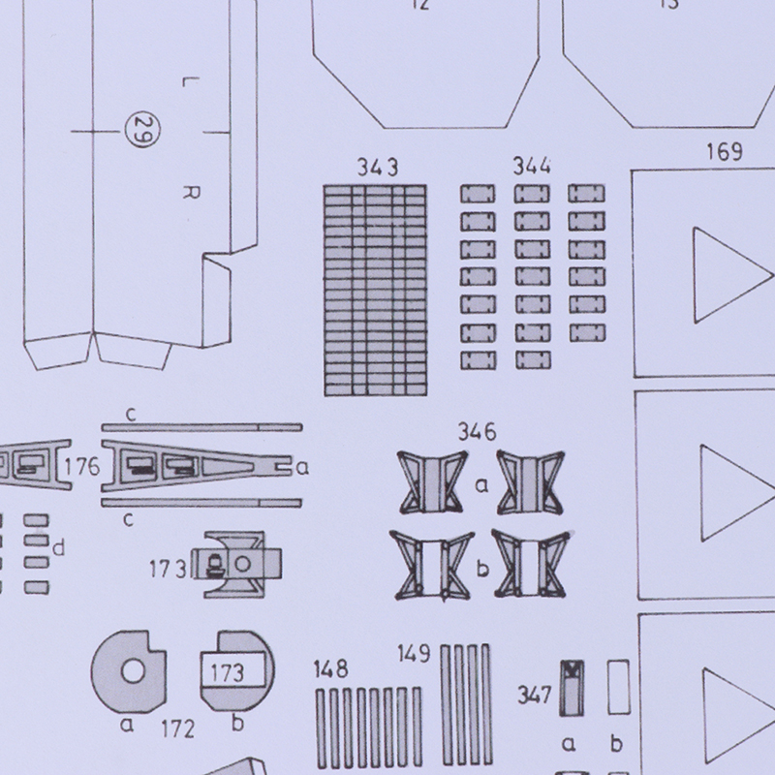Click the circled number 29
point(141,131)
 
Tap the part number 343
point(378,168)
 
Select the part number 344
point(532,166)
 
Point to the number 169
point(724,152)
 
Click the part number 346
point(477,432)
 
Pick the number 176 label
point(82,467)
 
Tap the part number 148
point(330,669)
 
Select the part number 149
point(414,653)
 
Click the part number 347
point(535,695)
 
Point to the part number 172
point(178,729)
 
